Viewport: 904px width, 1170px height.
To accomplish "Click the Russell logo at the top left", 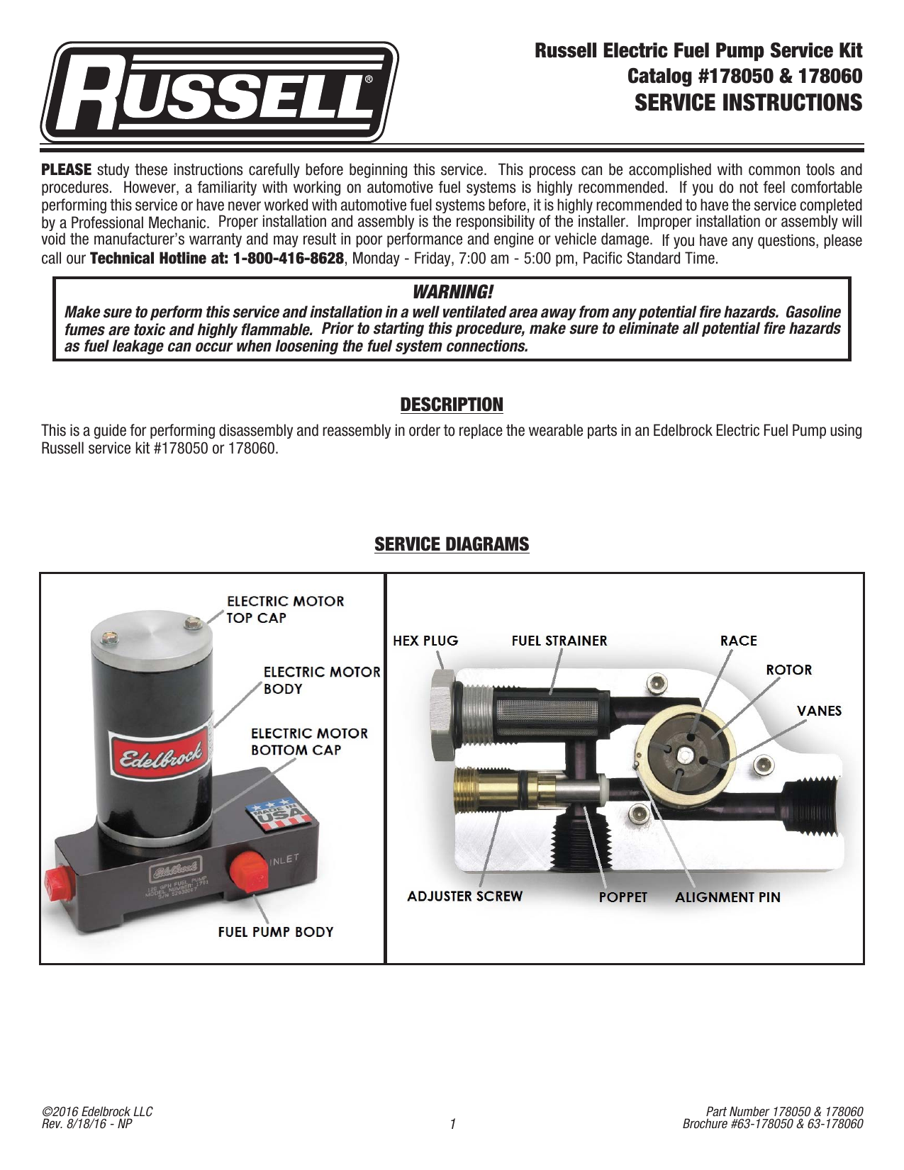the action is (x=219, y=92).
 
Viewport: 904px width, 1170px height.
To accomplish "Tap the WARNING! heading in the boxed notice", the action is (x=452, y=293).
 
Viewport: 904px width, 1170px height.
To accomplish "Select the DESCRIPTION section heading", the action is (x=452, y=405).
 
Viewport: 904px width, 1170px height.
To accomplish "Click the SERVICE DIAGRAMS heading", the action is (x=452, y=544).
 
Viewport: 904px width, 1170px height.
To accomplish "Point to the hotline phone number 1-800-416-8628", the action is (x=289, y=259).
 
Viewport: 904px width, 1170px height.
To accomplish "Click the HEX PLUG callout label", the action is (x=425, y=641).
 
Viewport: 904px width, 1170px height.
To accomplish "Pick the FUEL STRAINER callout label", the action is (x=559, y=641).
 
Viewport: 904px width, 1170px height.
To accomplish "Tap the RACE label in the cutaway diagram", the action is (x=739, y=641).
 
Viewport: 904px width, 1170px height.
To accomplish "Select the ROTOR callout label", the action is (x=788, y=670).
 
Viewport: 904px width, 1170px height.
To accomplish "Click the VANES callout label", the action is (x=819, y=711).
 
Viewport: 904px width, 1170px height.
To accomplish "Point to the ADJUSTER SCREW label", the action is (x=465, y=896).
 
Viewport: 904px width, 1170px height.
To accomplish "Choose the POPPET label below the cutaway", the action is (x=623, y=897).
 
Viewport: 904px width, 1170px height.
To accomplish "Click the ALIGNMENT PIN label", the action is (x=728, y=897).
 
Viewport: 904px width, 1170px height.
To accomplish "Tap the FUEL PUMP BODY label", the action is (x=276, y=931).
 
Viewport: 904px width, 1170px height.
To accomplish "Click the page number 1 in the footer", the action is (x=452, y=1124).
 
